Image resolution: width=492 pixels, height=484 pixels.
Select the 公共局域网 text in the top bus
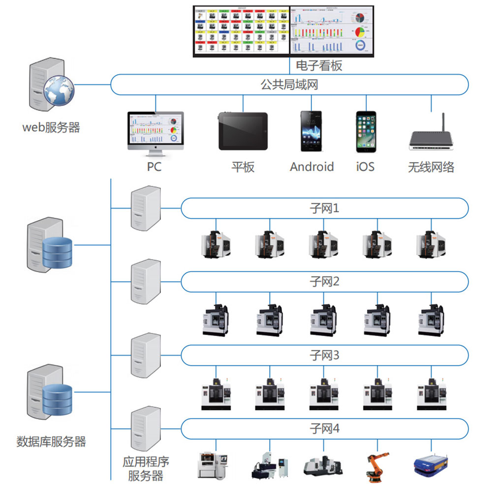tap(289, 85)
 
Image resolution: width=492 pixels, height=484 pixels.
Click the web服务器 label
tap(51, 128)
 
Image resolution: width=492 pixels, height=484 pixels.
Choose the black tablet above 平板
tap(243, 131)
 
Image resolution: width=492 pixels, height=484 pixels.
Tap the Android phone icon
tap(311, 131)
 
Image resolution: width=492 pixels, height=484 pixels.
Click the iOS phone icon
tap(366, 131)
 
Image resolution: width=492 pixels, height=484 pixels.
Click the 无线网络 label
tap(431, 167)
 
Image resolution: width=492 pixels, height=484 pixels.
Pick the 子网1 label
tap(324, 208)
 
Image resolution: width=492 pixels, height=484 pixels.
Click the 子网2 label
tap(324, 282)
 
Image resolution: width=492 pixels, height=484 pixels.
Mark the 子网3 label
tap(324, 355)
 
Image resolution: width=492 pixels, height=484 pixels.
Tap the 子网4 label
tap(324, 428)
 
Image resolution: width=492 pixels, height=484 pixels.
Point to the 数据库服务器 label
tap(51, 441)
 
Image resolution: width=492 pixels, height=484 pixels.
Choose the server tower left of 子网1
tap(146, 208)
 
